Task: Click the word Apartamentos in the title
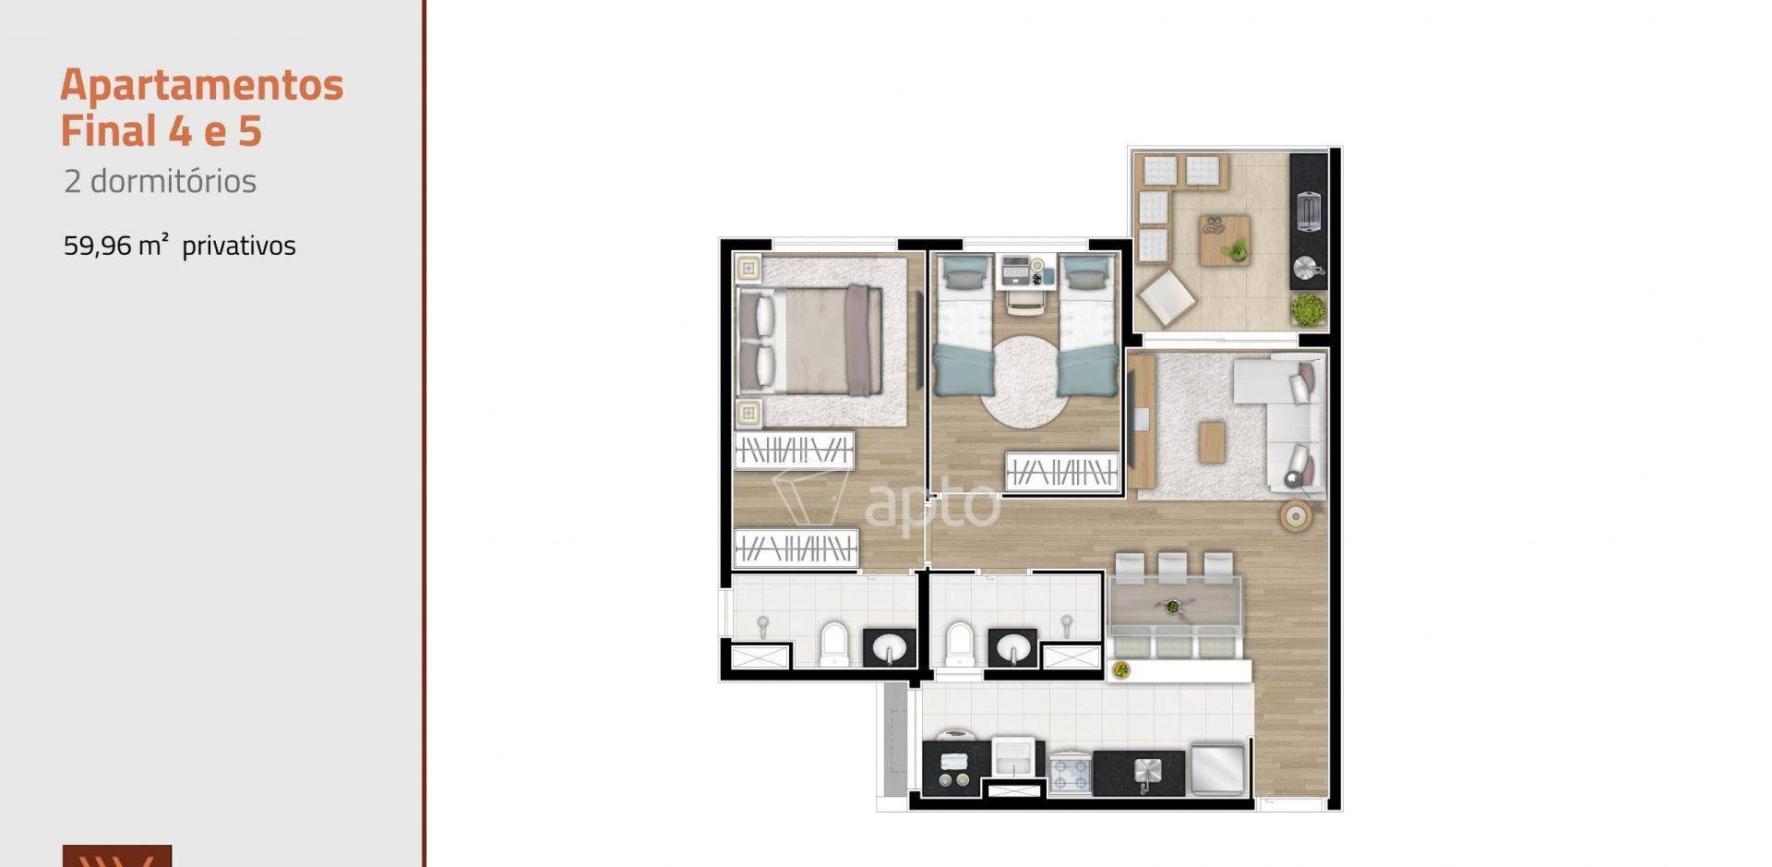tap(202, 85)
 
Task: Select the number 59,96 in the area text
tap(98, 246)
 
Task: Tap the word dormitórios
tap(173, 181)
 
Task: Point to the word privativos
tap(239, 246)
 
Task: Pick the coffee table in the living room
tap(1212, 441)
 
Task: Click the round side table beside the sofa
tap(1296, 516)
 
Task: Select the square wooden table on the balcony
tap(1225, 240)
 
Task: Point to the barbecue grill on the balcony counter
tap(1309, 211)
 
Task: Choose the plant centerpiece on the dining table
tap(1172, 607)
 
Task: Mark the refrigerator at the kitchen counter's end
tap(1218, 767)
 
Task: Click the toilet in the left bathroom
tap(834, 644)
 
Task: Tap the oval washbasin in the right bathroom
tap(1012, 648)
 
